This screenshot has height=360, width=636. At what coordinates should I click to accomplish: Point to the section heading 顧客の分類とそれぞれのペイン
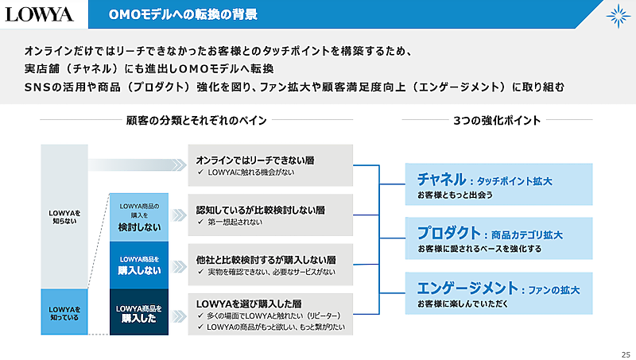click(196, 121)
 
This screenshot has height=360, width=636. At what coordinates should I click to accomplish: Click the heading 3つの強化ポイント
click(497, 121)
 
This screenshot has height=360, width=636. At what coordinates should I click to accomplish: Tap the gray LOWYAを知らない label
click(64, 217)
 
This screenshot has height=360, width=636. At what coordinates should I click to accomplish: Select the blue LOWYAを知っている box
click(64, 312)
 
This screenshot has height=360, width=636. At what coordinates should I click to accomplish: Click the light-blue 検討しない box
click(139, 217)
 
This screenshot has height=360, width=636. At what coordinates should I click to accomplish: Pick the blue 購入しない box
click(139, 265)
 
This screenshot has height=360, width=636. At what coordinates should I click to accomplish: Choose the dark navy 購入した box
click(139, 312)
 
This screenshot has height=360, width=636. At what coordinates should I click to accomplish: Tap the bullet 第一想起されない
click(239, 223)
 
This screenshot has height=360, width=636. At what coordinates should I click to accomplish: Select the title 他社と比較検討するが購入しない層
click(266, 259)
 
